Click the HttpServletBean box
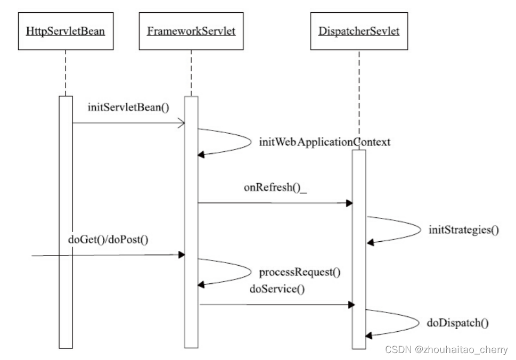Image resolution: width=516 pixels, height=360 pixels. [65, 31]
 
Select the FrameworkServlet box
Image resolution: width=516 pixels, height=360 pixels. [191, 31]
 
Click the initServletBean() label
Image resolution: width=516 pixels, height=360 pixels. [128, 108]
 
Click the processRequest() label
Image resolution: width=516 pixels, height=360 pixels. [299, 272]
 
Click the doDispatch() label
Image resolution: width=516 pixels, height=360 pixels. [458, 322]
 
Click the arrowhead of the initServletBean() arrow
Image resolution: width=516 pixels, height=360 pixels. [182, 124]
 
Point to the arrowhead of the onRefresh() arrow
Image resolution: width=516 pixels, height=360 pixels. [349, 203]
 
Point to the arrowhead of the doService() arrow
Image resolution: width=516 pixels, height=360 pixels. [351, 305]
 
